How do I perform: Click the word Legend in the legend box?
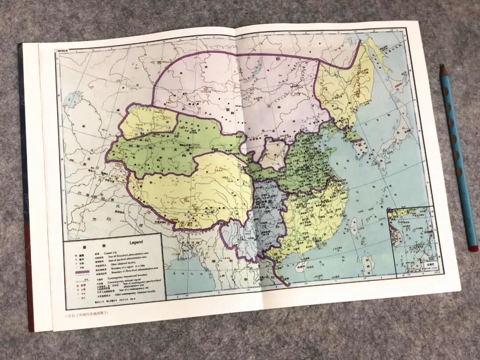click(x=136, y=242)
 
